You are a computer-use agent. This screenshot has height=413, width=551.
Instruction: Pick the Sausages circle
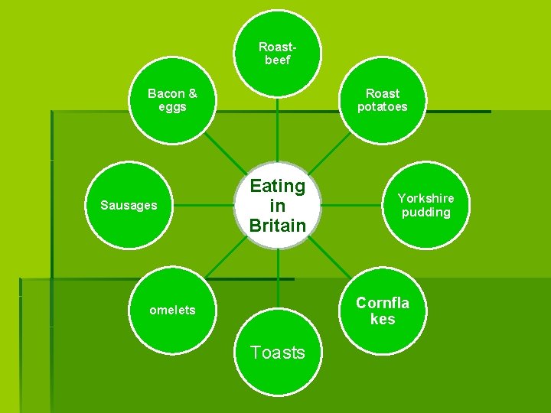[x=129, y=205]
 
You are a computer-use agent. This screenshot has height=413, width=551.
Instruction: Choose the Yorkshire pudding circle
[x=425, y=205]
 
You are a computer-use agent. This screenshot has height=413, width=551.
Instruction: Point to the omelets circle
[x=172, y=310]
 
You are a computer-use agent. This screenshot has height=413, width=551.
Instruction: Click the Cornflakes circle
[x=382, y=310]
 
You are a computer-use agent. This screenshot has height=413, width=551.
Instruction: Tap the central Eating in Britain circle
[x=277, y=205]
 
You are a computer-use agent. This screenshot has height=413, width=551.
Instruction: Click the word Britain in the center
[x=277, y=226]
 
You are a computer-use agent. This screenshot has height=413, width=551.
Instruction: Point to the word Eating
[x=277, y=186]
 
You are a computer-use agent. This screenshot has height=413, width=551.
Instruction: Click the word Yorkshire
[x=425, y=198]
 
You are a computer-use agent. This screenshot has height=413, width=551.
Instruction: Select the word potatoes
[x=382, y=107]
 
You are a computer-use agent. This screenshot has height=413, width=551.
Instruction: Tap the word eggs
[x=172, y=107]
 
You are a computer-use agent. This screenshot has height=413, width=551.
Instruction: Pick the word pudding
[x=425, y=212]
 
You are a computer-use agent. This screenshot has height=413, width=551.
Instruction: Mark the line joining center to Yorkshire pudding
[x=352, y=205]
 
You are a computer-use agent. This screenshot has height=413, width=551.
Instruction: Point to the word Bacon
[x=166, y=93]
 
